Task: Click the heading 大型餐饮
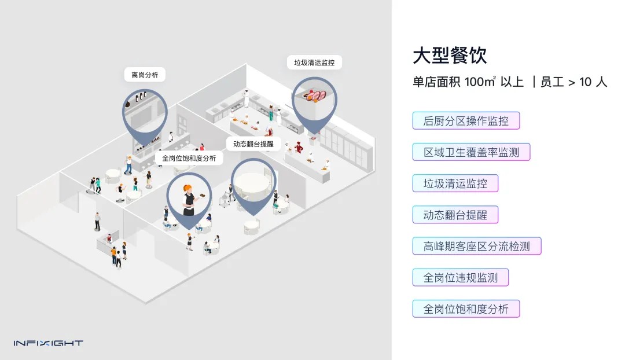(450, 56)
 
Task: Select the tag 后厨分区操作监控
(466, 121)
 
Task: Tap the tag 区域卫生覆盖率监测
(471, 152)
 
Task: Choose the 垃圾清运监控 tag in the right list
(455, 184)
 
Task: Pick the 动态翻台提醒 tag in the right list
(455, 215)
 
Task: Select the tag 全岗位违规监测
(460, 278)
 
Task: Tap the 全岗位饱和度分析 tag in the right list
(466, 309)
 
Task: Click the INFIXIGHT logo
(48, 343)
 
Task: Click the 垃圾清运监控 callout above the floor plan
(314, 63)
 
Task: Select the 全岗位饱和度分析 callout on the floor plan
(189, 158)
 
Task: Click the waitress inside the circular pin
(189, 197)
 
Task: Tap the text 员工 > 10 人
(573, 82)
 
